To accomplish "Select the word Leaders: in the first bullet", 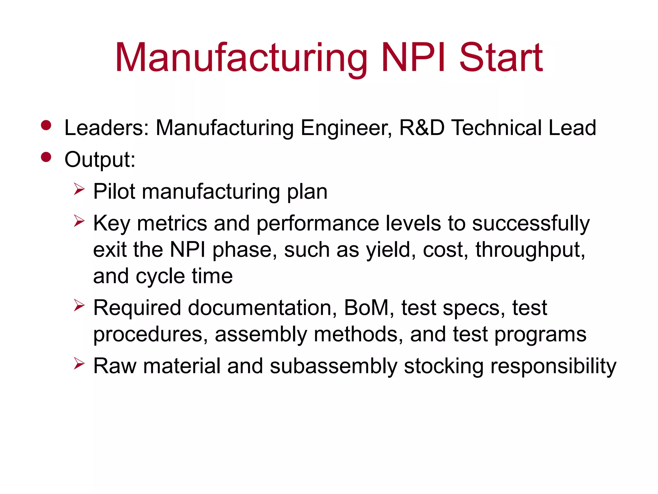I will pos(106,128).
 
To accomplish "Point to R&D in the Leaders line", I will pos(422,128).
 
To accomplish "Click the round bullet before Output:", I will pos(46,157).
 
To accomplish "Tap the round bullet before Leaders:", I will pos(46,125).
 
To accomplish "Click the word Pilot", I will pos(114,192).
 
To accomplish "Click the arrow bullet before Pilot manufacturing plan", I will pos(79,189).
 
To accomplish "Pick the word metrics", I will pos(172,223).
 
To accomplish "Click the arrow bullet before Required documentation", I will pos(79,305).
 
